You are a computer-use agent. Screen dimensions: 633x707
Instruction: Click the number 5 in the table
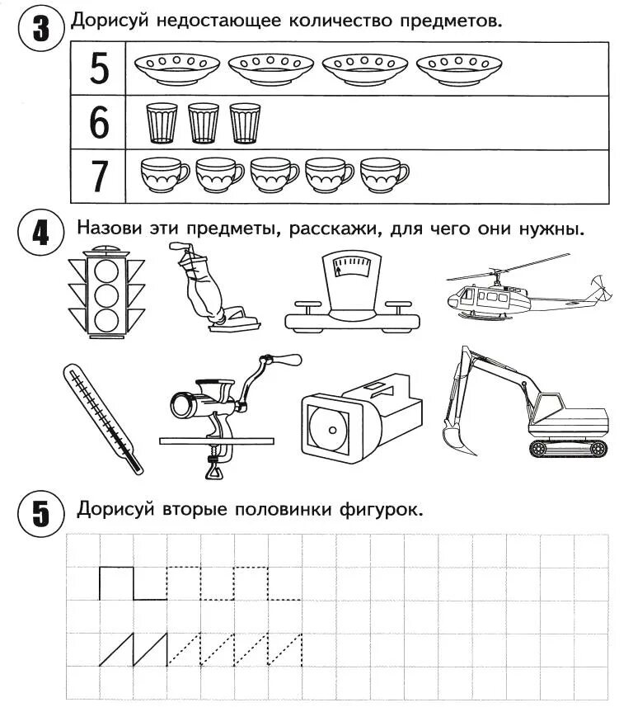[x=99, y=68]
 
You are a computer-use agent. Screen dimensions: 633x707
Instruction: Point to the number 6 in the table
[x=99, y=123]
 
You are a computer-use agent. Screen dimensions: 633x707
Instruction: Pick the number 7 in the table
[x=99, y=176]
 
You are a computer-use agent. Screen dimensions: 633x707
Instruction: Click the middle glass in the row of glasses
[x=203, y=123]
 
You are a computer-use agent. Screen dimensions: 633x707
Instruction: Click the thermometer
[x=101, y=417]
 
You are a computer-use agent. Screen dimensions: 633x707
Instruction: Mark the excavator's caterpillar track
[x=569, y=448]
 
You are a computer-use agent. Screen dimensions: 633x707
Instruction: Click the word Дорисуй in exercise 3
[x=108, y=20]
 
